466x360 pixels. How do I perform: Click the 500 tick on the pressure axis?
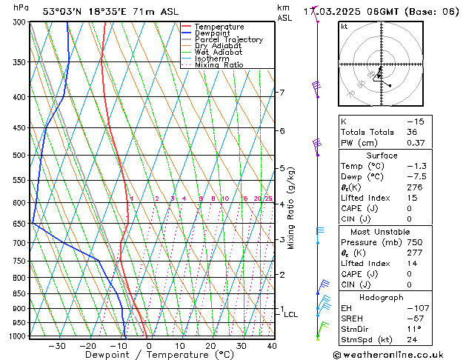(x=20, y=156)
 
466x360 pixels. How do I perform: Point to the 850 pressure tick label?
(x=20, y=293)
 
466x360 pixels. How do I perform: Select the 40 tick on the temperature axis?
(x=272, y=346)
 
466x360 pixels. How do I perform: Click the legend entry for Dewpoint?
(x=218, y=33)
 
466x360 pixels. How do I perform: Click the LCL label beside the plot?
(x=291, y=315)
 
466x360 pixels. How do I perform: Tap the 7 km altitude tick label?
(x=282, y=93)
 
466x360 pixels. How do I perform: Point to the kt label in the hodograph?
(x=344, y=26)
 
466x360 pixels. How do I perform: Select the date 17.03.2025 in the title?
(x=346, y=11)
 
